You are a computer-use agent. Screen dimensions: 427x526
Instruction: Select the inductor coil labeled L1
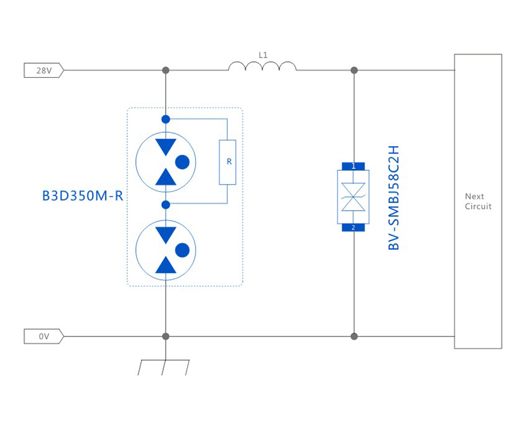click(x=262, y=66)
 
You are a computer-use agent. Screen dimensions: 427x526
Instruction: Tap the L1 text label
click(x=263, y=55)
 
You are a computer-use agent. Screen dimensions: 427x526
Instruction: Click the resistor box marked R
click(x=228, y=162)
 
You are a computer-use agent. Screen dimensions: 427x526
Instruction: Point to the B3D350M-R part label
click(x=82, y=196)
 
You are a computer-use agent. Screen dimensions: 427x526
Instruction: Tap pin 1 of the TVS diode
click(x=353, y=166)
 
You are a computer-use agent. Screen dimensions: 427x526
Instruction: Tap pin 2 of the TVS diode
click(x=353, y=227)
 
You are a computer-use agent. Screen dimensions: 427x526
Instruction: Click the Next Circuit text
click(x=478, y=201)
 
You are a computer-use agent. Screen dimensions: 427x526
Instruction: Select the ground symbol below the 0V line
click(x=164, y=366)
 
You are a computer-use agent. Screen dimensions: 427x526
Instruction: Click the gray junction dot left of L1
click(x=166, y=70)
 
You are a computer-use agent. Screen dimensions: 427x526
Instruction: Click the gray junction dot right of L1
click(x=354, y=70)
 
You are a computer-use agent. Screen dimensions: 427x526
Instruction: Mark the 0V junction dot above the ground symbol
click(x=166, y=337)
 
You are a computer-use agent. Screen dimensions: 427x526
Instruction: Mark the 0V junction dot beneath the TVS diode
click(x=354, y=337)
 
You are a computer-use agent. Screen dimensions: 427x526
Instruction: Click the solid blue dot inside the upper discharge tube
click(x=182, y=162)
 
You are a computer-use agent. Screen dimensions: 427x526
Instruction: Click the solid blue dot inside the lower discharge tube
click(x=182, y=250)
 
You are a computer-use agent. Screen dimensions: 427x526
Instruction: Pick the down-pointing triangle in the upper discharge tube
click(x=166, y=147)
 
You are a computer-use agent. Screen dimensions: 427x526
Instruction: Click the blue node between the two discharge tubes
click(x=166, y=204)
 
